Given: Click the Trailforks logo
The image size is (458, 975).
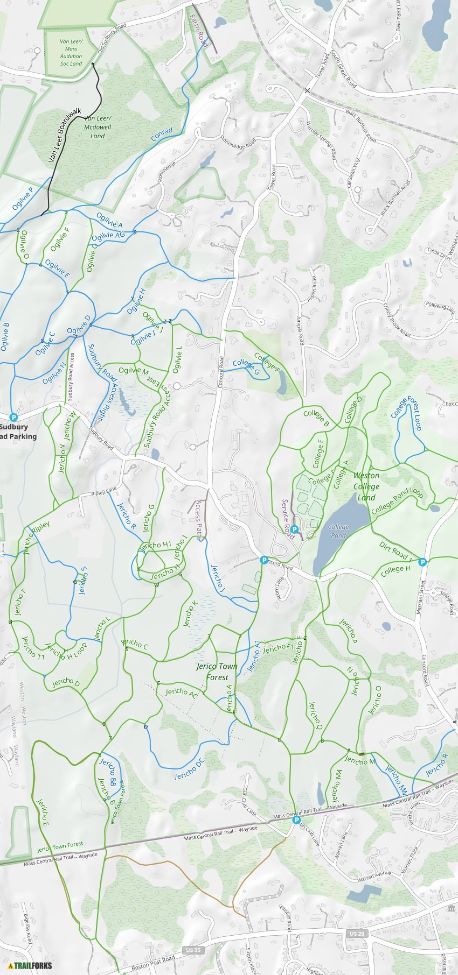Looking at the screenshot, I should point(30,965).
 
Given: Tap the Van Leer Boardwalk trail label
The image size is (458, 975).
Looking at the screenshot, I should point(65,135).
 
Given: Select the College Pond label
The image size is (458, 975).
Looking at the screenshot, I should point(338,531).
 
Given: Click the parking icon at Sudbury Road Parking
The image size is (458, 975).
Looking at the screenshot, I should point(14,417).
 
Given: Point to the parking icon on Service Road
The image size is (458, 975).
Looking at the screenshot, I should point(295,529).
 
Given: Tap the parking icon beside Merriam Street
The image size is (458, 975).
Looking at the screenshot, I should point(423,562).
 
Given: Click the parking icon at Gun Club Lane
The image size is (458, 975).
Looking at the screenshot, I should point(296,820).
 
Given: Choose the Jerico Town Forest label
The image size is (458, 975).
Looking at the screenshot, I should point(217,672).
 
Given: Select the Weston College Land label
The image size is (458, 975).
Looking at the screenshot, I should point(366,486).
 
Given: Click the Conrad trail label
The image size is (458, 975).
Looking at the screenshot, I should point(162,134).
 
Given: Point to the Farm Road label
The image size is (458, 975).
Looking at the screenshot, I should point(198,31).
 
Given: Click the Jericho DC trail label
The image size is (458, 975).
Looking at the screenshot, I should point(190,768).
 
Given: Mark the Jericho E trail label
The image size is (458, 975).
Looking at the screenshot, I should point(43,812).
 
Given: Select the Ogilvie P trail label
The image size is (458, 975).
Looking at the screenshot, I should point(23,198).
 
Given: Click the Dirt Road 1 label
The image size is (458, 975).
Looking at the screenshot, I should point(395,551).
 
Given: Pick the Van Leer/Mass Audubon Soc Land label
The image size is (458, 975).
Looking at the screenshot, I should point(71,52).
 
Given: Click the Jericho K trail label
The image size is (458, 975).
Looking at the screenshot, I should point(191,613).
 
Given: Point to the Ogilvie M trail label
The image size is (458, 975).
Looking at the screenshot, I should point(133,371).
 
